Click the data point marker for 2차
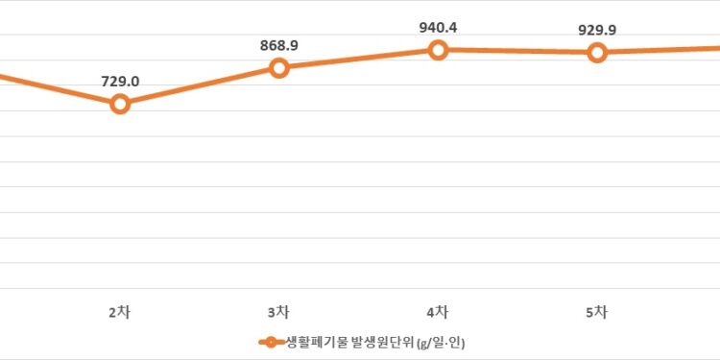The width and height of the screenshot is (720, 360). pos(120,103)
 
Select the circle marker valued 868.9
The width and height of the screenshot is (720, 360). pos(278,67)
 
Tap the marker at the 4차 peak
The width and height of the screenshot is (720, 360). pos(438,49)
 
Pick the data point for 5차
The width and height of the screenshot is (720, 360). pos(597,52)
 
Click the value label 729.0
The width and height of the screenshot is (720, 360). pos(120,82)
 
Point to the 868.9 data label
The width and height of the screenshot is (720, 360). pos(278,46)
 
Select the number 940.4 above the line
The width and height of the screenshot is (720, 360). pos(438,28)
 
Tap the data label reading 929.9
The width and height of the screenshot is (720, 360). pos(597,30)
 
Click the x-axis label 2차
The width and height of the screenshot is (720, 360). pos(119,311)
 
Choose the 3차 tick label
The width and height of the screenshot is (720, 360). pos(278,311)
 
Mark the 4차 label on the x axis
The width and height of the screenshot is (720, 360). pos(438,311)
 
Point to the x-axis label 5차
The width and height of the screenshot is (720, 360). pos(596,311)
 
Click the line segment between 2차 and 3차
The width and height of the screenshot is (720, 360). pos(199,85)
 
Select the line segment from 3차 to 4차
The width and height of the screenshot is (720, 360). pos(358,59)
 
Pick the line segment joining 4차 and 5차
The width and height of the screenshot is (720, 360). pos(517,51)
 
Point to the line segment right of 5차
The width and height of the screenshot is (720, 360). pos(662,49)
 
